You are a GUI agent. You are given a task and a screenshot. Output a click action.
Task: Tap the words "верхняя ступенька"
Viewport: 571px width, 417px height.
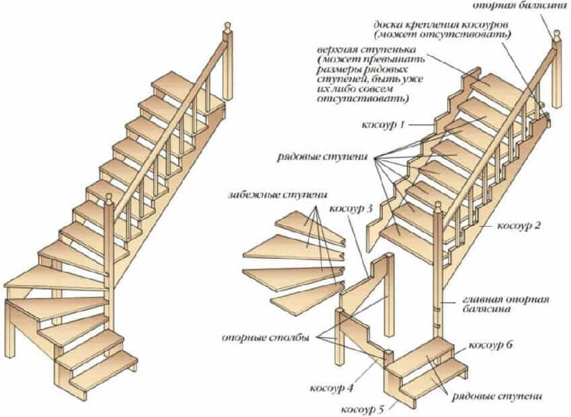pos(363,51)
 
